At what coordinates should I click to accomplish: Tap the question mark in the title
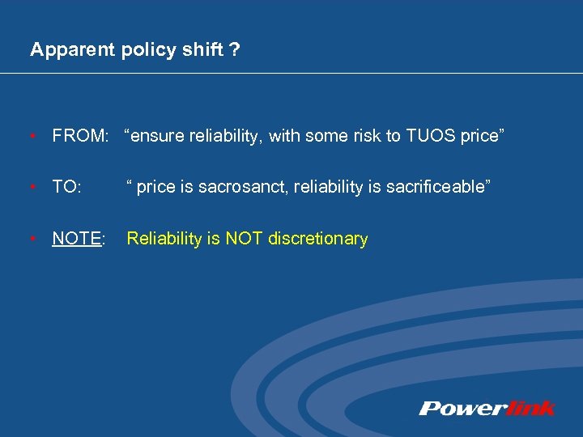tap(234, 50)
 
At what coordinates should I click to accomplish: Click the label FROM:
tap(79, 135)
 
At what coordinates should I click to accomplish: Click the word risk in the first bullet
tap(366, 135)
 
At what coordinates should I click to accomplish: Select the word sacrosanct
tap(244, 187)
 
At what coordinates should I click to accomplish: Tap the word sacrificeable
tap(436, 187)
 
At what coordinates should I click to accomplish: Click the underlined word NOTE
tap(76, 239)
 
